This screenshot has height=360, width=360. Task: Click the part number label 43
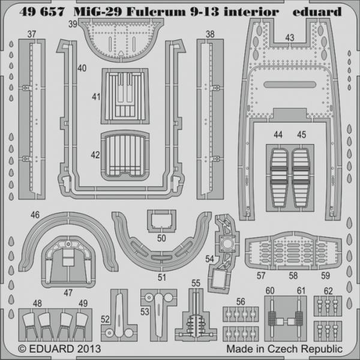pyautogui.click(x=290, y=37)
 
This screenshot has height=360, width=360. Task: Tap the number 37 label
pyautogui.click(x=29, y=35)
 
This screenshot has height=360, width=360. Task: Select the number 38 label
pyautogui.click(x=209, y=35)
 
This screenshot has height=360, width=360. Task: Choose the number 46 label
pyautogui.click(x=35, y=214)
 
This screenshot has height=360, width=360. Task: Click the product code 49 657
pyautogui.click(x=41, y=11)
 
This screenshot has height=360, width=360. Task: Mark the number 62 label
pyautogui.click(x=328, y=291)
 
